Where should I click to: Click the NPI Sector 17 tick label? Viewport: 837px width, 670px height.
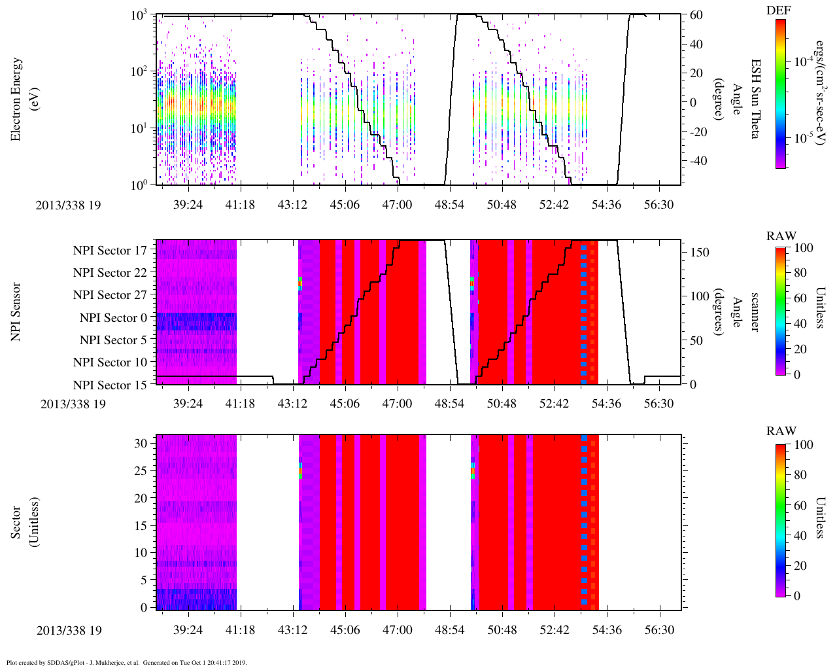pyautogui.click(x=110, y=251)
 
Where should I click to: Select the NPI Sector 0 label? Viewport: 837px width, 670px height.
pyautogui.click(x=113, y=318)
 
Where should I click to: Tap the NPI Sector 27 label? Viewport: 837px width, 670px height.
pyautogui.click(x=110, y=295)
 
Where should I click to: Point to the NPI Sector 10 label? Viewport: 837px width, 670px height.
pyautogui.click(x=110, y=362)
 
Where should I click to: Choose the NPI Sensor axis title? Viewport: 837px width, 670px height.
pyautogui.click(x=17, y=312)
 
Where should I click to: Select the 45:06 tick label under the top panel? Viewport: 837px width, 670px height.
pyautogui.click(x=345, y=205)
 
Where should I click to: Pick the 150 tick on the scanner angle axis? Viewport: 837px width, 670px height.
pyautogui.click(x=700, y=253)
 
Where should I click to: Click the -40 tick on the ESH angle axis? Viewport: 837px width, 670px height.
pyautogui.click(x=695, y=161)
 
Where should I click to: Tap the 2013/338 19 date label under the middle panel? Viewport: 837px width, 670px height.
pyautogui.click(x=73, y=404)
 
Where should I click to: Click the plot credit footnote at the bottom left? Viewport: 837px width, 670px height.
pyautogui.click(x=126, y=662)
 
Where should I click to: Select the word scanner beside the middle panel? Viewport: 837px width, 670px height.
pyautogui.click(x=755, y=312)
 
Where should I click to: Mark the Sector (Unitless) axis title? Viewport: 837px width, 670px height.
pyautogui.click(x=24, y=522)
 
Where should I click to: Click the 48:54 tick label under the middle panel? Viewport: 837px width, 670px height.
pyautogui.click(x=449, y=404)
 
